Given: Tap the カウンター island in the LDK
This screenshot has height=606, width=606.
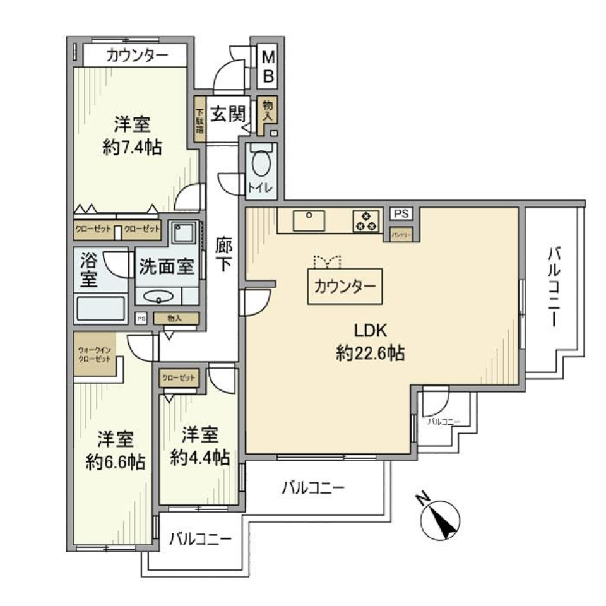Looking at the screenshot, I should click(345, 287).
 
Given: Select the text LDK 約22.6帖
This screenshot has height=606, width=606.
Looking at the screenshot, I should click(369, 342).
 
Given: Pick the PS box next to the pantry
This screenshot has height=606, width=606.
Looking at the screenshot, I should click(400, 214).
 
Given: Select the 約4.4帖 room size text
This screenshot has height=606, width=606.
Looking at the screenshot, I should click(199, 457).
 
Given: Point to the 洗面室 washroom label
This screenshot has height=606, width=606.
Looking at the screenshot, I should click(166, 266).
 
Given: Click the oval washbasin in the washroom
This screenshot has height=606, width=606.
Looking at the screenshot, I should click(157, 295).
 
